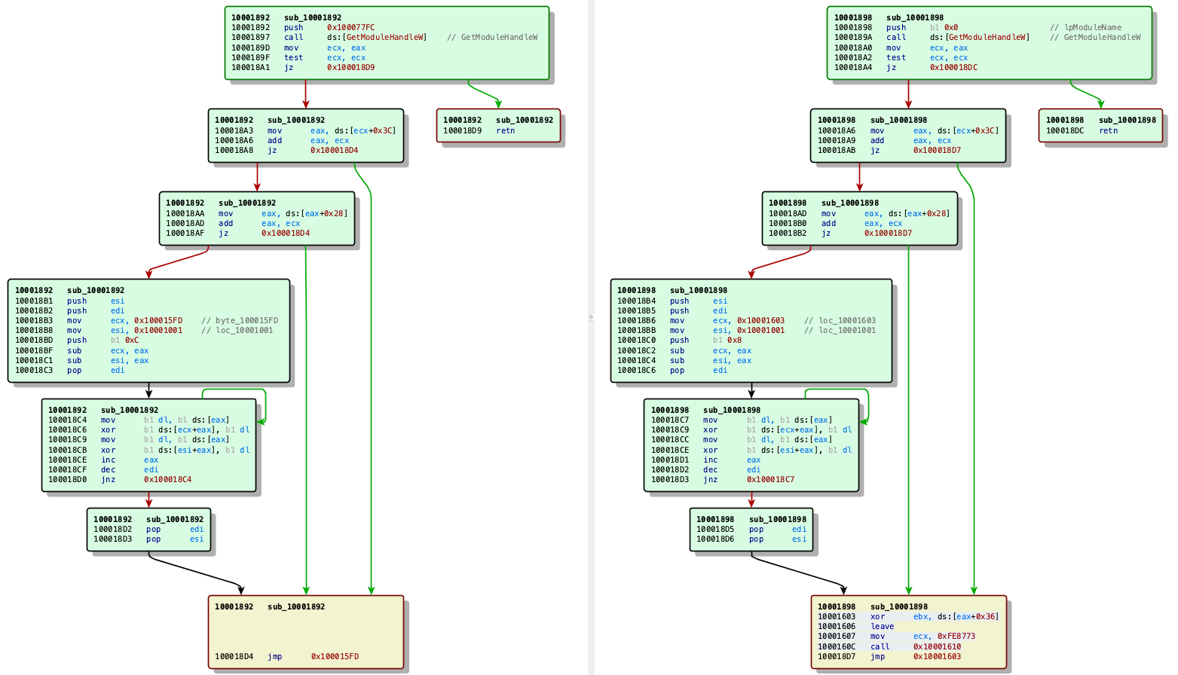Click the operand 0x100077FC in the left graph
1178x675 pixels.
350,27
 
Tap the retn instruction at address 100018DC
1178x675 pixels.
1108,130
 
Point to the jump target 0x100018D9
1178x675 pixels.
350,67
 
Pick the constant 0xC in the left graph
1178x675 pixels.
131,340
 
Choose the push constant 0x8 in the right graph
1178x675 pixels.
734,340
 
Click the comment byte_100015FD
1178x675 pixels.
246,320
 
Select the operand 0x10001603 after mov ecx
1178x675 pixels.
760,320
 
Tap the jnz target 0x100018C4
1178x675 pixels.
168,479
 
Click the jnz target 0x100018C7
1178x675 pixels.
770,479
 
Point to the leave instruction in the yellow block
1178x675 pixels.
882,626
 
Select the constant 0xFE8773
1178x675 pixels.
956,636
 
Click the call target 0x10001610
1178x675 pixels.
937,646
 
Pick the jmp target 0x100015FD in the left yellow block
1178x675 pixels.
335,656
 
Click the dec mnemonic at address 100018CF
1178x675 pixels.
108,469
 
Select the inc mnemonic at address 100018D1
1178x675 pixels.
711,460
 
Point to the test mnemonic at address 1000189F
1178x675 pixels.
293,57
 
